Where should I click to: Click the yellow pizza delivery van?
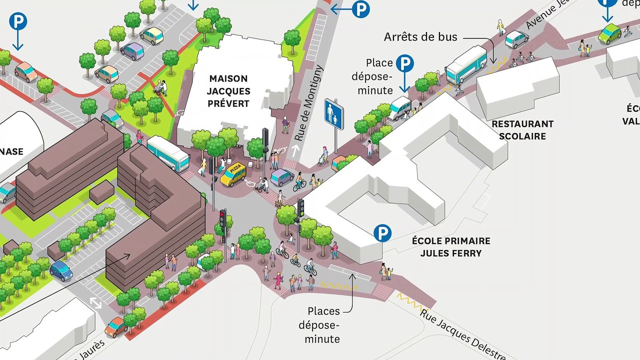[x=233, y=174]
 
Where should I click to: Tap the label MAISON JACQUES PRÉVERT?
[x=228, y=91]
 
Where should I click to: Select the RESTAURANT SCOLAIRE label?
[x=522, y=130]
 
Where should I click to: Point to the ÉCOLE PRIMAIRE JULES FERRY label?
[x=451, y=247]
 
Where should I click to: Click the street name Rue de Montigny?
[x=309, y=102]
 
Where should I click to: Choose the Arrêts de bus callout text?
[x=420, y=37]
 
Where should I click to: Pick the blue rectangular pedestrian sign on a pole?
[x=333, y=114]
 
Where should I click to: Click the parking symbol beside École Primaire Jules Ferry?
[x=383, y=233]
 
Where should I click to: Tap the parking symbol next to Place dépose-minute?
[x=405, y=63]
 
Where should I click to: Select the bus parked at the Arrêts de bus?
[x=466, y=64]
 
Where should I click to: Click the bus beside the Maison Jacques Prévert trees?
[x=168, y=153]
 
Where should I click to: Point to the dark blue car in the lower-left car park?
[x=61, y=270]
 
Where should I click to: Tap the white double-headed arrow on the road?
[x=95, y=303]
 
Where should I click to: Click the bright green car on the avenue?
[x=609, y=33]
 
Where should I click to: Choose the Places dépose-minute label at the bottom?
[x=323, y=325]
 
